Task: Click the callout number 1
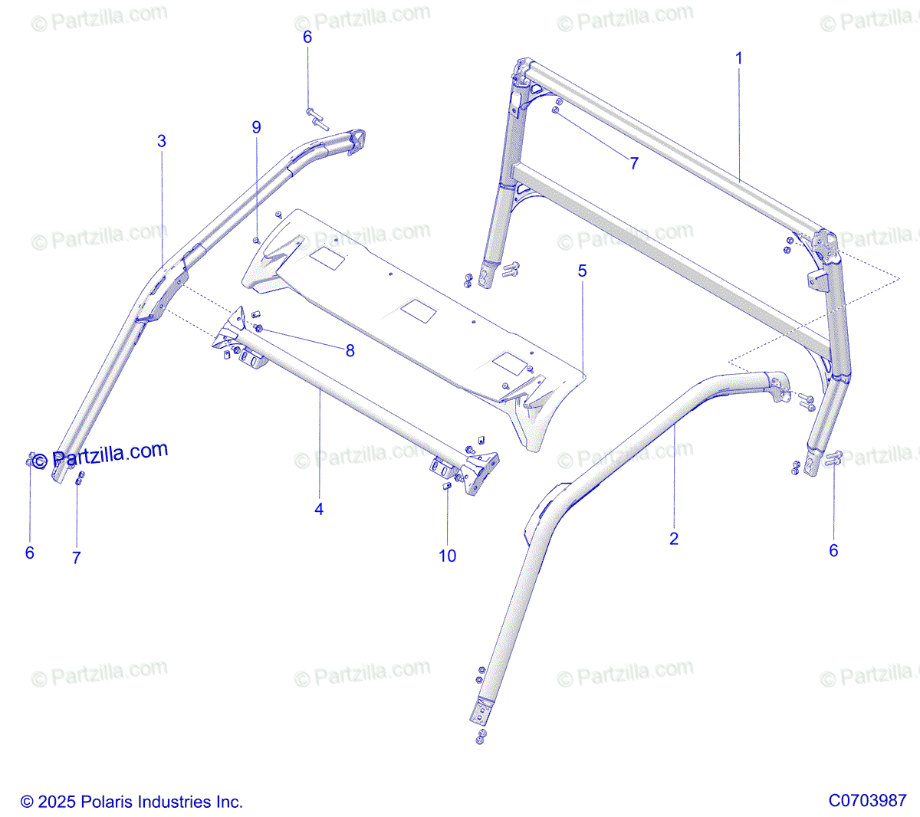click(739, 58)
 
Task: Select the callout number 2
click(674, 539)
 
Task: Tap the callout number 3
click(162, 141)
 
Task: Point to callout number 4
click(319, 509)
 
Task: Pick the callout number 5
click(583, 271)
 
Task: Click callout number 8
click(350, 351)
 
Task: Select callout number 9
click(256, 127)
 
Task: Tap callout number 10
click(448, 556)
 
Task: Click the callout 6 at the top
click(307, 38)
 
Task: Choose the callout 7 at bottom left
click(77, 558)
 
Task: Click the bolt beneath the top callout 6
click(316, 117)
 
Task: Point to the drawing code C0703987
click(867, 800)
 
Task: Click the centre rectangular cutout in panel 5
click(419, 310)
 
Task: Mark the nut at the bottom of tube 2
click(481, 737)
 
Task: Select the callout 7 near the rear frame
click(634, 163)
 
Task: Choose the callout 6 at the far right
click(833, 550)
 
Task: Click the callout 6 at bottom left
click(30, 553)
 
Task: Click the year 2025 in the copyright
click(57, 802)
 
